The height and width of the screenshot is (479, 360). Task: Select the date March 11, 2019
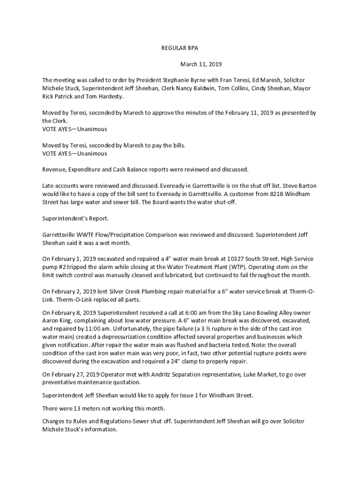(201, 64)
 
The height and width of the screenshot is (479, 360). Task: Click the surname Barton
(306, 185)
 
